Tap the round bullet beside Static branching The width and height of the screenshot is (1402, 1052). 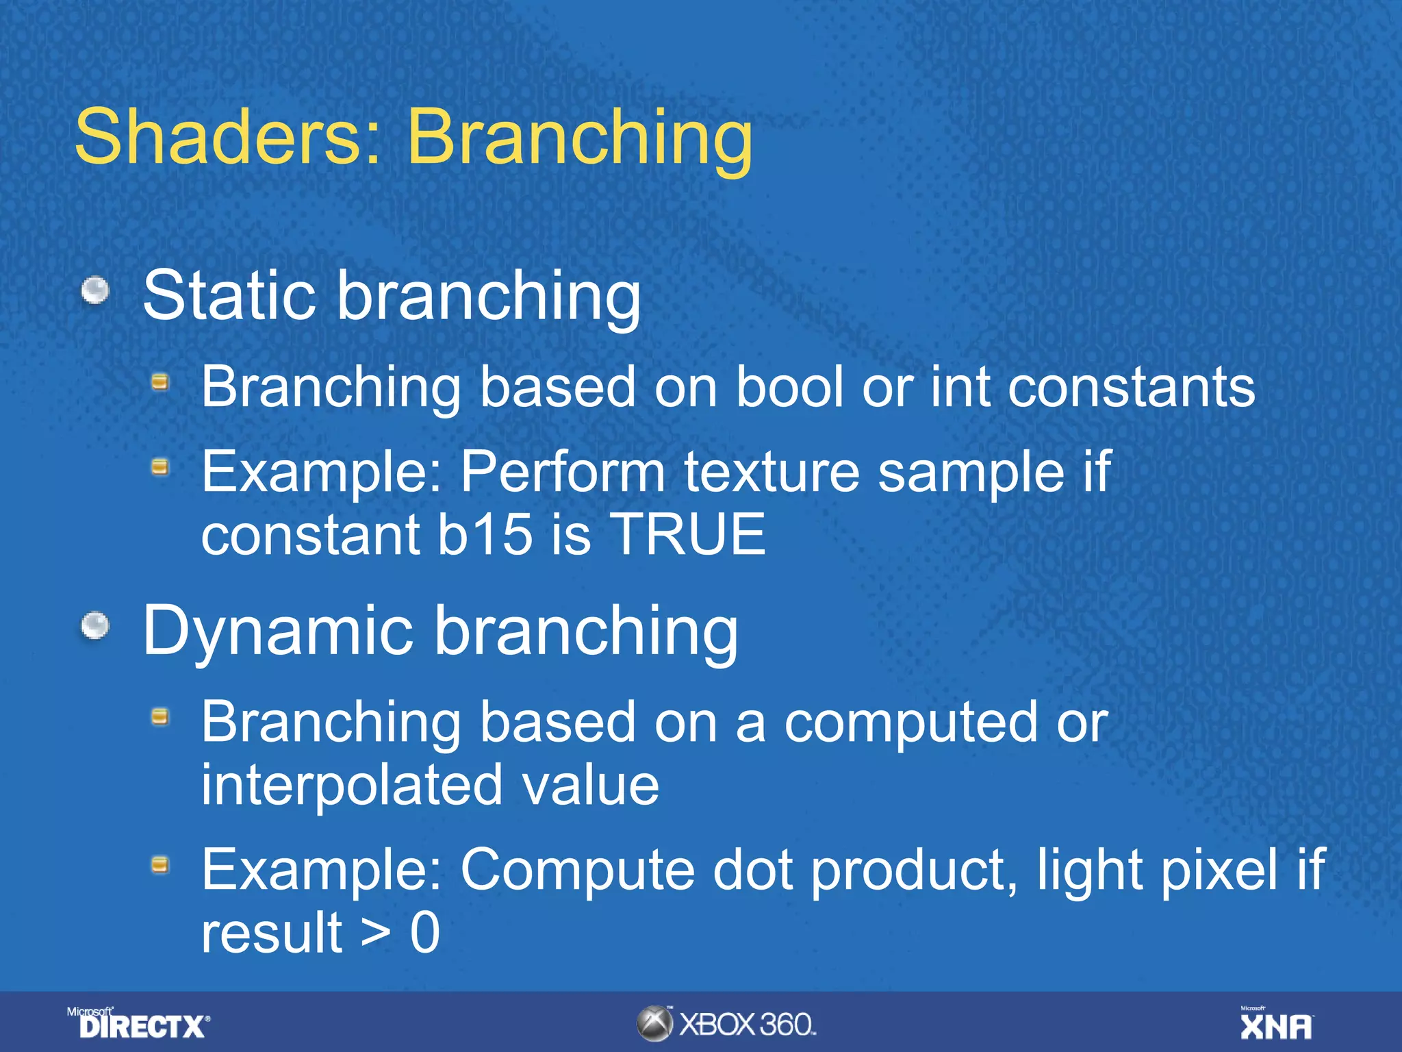coord(95,290)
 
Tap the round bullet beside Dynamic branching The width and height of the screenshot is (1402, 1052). coord(95,625)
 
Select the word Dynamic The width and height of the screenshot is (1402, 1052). coord(277,632)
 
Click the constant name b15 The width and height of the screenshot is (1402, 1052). coord(484,534)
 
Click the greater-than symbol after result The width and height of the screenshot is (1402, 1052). coord(376,933)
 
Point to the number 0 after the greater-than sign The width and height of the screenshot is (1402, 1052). coord(424,933)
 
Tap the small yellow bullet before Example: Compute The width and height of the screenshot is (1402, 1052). coord(160,865)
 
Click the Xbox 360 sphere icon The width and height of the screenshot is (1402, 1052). coord(654,1024)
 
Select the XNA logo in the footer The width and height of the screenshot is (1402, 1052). coord(1276,1024)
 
